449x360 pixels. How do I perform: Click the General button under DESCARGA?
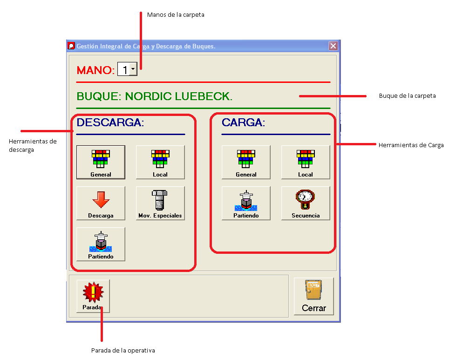click(x=101, y=162)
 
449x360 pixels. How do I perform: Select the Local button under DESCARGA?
click(x=160, y=162)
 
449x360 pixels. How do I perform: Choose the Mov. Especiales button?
click(x=160, y=203)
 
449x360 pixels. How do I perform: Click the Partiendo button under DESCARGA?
click(x=101, y=244)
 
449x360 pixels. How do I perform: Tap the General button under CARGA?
click(x=246, y=162)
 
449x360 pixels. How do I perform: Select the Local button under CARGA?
click(x=306, y=162)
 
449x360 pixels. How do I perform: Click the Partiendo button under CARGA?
click(x=246, y=203)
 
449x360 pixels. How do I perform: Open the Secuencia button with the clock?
click(x=306, y=203)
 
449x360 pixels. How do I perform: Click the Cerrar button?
click(x=313, y=296)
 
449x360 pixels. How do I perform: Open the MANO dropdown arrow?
click(x=133, y=69)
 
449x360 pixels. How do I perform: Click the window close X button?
click(x=333, y=46)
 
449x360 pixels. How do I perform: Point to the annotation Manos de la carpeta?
click(x=176, y=15)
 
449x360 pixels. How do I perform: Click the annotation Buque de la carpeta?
click(x=407, y=96)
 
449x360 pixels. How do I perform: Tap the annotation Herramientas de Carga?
click(x=411, y=145)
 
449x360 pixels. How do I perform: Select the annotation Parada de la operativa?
click(x=123, y=350)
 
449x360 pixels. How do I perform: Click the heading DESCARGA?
click(x=110, y=122)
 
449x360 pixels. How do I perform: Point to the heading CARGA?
click(x=243, y=122)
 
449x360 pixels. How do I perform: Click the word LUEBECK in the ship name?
click(x=203, y=96)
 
